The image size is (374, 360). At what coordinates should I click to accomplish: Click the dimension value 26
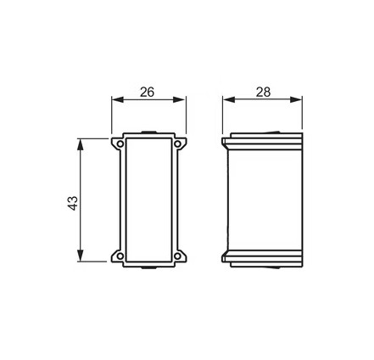[x=148, y=92]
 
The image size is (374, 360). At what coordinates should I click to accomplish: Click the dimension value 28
[x=263, y=92]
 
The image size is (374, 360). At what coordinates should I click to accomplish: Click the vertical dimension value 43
[x=73, y=203]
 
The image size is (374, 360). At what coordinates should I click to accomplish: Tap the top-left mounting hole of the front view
[x=120, y=143]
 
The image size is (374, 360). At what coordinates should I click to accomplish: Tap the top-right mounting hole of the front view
[x=177, y=143]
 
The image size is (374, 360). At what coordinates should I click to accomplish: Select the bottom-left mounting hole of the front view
[x=120, y=256]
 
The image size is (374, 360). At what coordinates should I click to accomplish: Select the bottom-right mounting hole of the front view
[x=177, y=256]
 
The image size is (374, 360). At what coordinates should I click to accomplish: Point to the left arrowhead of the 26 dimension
[x=118, y=99]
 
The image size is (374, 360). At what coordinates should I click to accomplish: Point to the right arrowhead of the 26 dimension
[x=179, y=99]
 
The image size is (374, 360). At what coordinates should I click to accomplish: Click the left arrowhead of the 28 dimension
[x=229, y=99]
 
